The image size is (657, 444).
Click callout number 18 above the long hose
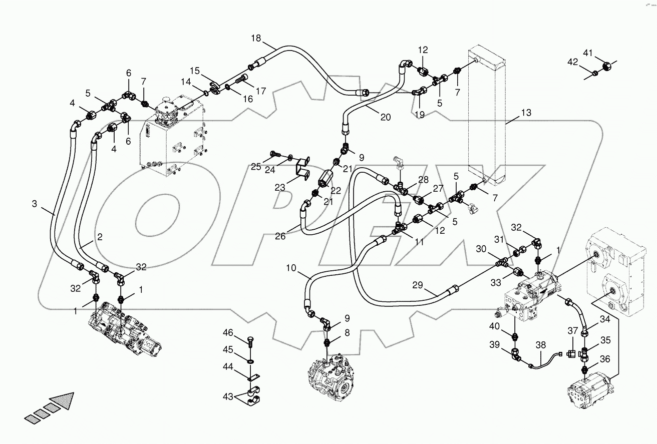click(x=256, y=39)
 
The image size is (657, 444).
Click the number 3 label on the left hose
click(x=35, y=204)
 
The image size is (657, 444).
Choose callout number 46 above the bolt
click(x=228, y=333)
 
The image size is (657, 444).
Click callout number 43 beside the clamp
click(x=228, y=397)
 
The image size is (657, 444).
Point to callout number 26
click(x=280, y=236)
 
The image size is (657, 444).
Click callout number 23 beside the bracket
click(x=279, y=187)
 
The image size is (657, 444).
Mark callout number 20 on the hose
click(x=385, y=118)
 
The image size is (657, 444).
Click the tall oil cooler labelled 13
click(x=486, y=115)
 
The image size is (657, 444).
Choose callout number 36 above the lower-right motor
click(x=605, y=359)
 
